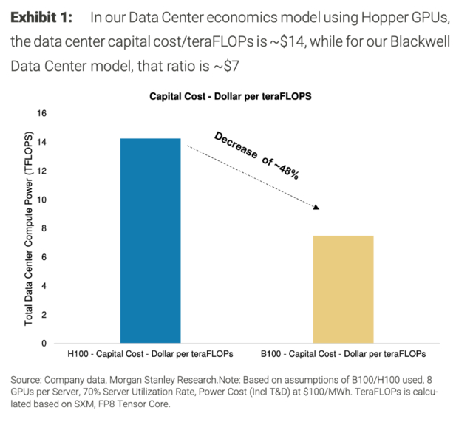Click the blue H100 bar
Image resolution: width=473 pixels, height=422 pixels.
point(150,240)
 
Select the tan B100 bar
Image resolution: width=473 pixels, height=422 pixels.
point(342,289)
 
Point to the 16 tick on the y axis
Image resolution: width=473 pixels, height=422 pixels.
point(41,114)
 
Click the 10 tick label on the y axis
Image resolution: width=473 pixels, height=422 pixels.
point(41,200)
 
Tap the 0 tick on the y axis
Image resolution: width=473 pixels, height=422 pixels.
point(44,344)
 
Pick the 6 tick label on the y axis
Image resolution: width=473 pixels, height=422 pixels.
point(44,257)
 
